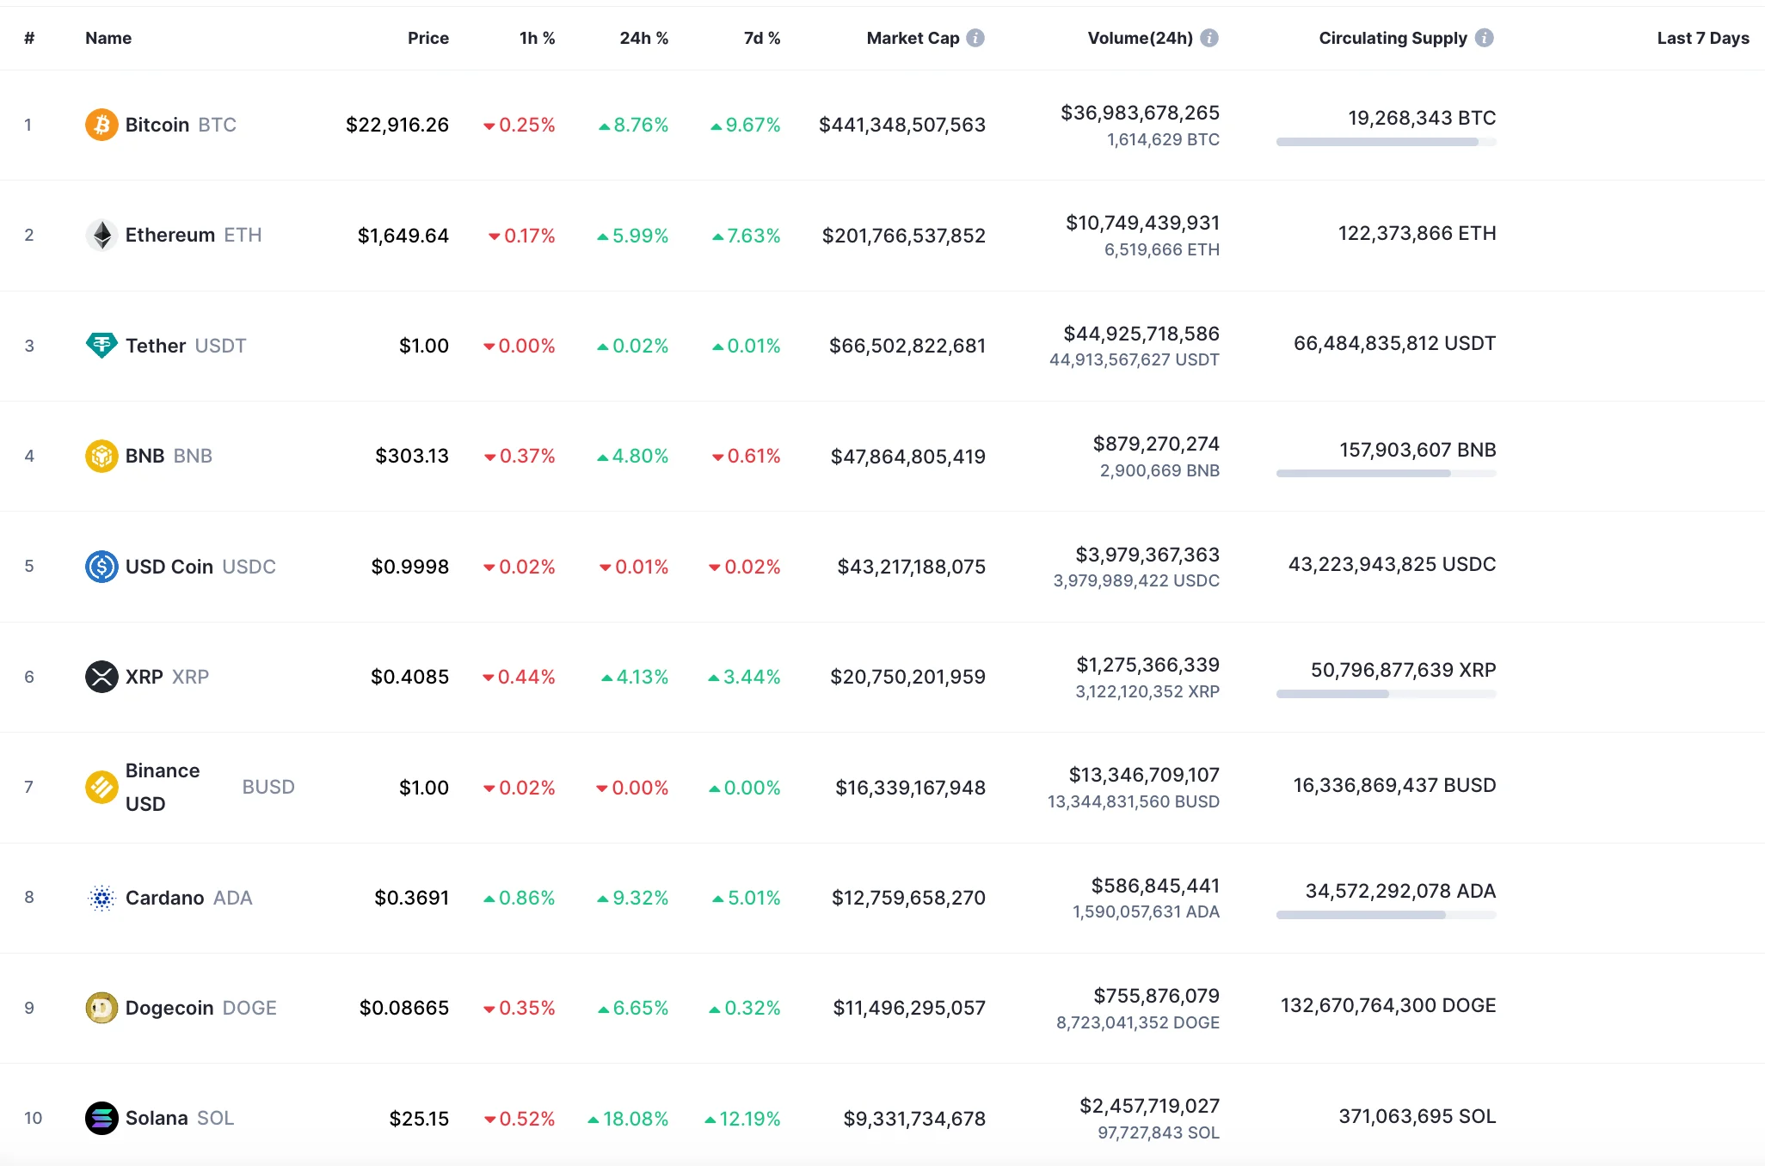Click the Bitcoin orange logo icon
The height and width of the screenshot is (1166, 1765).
(101, 125)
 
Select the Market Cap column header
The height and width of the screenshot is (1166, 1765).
(913, 38)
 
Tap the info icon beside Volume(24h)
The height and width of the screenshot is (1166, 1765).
(1209, 38)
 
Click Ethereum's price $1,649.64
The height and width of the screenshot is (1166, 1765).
(403, 236)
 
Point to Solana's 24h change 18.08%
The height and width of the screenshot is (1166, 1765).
(628, 1119)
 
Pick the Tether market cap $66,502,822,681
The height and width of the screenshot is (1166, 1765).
(907, 346)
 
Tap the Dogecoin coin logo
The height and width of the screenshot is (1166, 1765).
(101, 1008)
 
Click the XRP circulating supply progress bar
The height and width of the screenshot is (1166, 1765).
(1386, 694)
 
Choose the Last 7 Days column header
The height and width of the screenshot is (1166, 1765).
(1702, 38)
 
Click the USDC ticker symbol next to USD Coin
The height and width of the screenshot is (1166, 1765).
(249, 567)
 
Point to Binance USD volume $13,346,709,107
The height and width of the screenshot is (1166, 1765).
(1144, 775)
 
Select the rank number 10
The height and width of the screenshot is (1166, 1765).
(33, 1118)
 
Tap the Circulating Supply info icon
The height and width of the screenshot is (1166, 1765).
(1485, 38)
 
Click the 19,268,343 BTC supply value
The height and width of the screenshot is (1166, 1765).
(1421, 118)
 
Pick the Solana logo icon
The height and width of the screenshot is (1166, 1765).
(101, 1118)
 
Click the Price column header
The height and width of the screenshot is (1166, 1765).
(427, 38)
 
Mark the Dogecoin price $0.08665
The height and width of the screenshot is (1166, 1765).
(403, 1008)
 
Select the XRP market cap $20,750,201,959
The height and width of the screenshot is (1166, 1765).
(907, 677)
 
